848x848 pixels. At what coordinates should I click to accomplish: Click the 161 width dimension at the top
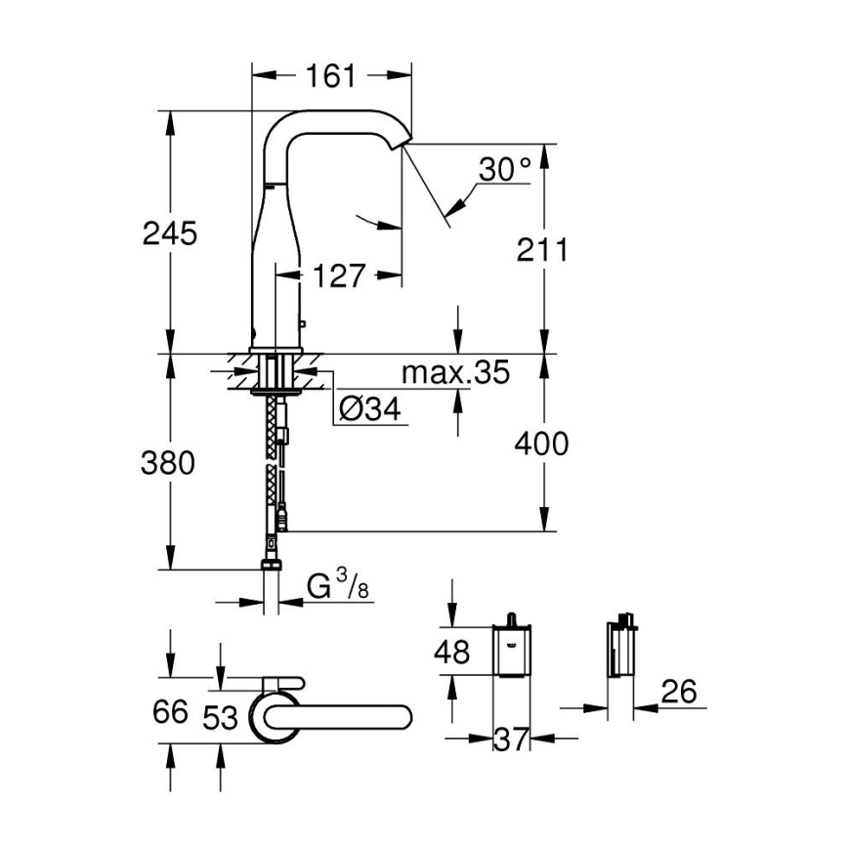[331, 75]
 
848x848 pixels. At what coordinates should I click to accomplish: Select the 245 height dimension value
[170, 233]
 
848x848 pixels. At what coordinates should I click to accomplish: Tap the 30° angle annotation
[504, 172]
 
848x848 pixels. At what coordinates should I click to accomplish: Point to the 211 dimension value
[543, 249]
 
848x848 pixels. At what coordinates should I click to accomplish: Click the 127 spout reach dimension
[338, 276]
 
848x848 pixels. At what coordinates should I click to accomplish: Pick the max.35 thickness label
[456, 372]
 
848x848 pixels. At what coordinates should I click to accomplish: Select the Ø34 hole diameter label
[370, 410]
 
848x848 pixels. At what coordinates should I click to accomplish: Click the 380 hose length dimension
[170, 462]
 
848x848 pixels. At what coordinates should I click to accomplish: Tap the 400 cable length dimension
[543, 445]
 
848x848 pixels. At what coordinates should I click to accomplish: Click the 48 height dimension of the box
[451, 652]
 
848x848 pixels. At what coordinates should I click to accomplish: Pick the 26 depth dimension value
[679, 693]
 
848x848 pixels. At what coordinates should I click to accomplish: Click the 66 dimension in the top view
[170, 712]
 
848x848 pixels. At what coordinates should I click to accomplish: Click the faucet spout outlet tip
[399, 145]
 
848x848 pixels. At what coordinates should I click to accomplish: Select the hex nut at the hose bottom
[272, 565]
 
